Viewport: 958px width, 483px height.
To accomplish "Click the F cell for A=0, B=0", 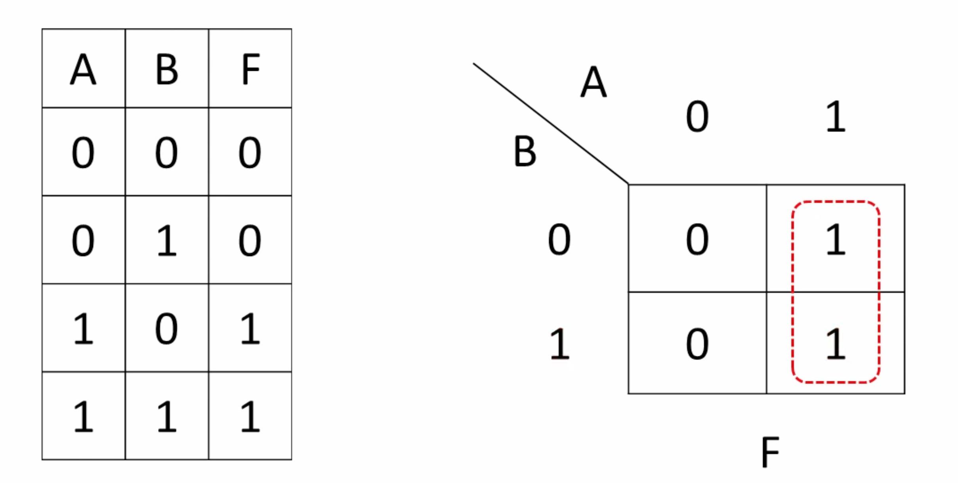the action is [250, 153].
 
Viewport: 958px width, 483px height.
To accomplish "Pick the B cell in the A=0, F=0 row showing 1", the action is [167, 240].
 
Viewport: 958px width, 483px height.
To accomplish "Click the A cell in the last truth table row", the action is [84, 416].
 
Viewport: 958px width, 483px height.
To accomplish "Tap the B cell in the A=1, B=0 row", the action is [166, 329].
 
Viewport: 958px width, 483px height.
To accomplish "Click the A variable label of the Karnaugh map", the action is [594, 82].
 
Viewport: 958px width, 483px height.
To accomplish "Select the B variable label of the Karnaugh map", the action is [525, 151].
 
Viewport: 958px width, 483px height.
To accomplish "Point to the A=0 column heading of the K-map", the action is [697, 117].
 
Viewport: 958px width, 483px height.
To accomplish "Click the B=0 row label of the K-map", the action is [559, 240].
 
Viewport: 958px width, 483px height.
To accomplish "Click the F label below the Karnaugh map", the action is [770, 452].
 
